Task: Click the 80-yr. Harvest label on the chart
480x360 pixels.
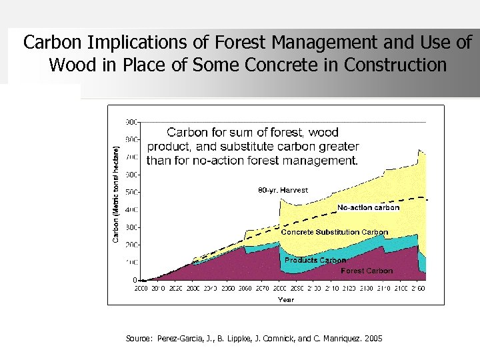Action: tap(283, 190)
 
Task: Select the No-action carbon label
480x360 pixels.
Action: tap(368, 207)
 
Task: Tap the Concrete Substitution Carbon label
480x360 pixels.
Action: tap(334, 232)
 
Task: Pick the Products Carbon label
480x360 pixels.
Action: tap(315, 260)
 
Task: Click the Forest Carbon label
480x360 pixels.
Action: tap(367, 271)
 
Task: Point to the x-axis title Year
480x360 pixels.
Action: tap(285, 299)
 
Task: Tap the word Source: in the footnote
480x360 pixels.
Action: tap(140, 339)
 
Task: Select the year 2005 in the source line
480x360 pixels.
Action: tap(373, 339)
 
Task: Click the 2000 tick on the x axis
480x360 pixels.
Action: tap(141, 289)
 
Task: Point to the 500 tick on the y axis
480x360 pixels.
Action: tap(131, 192)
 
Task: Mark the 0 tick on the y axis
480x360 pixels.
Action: tap(135, 280)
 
